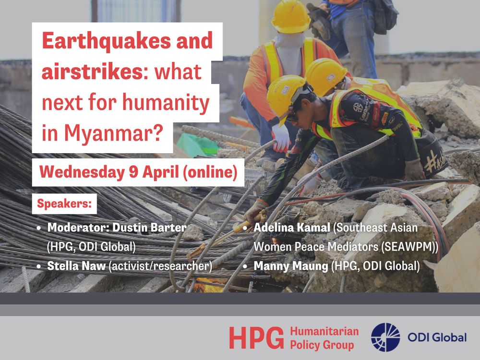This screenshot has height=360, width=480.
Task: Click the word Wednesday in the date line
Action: (82, 172)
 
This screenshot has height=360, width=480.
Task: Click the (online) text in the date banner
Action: (210, 172)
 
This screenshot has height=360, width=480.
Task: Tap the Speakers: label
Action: (64, 204)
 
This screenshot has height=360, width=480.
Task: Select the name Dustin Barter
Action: (150, 228)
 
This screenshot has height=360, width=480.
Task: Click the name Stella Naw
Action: (76, 266)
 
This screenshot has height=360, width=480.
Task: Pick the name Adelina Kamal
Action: (292, 228)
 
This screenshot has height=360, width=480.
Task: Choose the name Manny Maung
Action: (291, 266)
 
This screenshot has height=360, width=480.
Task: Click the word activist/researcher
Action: (160, 266)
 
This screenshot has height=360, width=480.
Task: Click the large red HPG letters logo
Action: (256, 338)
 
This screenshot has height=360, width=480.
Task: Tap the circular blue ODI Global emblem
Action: (385, 337)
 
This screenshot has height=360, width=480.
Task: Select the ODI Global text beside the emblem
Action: (437, 337)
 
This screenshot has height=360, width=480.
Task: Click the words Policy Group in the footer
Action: (322, 345)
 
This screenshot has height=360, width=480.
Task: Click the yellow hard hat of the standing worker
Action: (291, 16)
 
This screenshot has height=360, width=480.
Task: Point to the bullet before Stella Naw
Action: (38, 266)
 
